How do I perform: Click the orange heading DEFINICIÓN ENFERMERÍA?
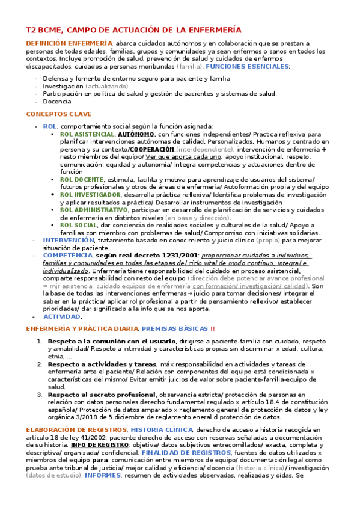pos(69,44)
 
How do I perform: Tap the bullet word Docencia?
pos(57,102)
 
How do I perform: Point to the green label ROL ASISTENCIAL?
pos(87,134)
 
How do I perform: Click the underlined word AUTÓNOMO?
pos(136,134)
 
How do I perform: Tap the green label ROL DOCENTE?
pos(82,180)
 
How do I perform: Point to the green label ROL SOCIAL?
pos(79,225)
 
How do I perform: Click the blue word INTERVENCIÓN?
pos(68,240)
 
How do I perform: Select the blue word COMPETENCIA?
pos(68,256)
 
